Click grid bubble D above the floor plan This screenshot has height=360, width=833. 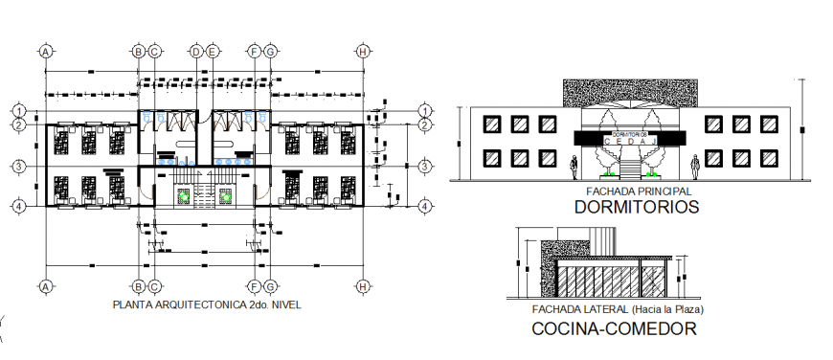195,52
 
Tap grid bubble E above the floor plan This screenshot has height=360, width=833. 213,52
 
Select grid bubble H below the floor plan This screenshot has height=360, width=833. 363,285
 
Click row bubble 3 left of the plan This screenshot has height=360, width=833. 18,167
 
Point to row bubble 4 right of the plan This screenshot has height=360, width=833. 424,206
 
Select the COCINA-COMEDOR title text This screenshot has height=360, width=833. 613,328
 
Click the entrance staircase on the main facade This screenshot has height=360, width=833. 632,170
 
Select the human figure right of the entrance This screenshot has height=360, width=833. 698,168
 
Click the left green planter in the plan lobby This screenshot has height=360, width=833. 180,195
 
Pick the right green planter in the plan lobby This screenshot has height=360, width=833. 226,195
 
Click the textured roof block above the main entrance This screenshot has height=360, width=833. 632,93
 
